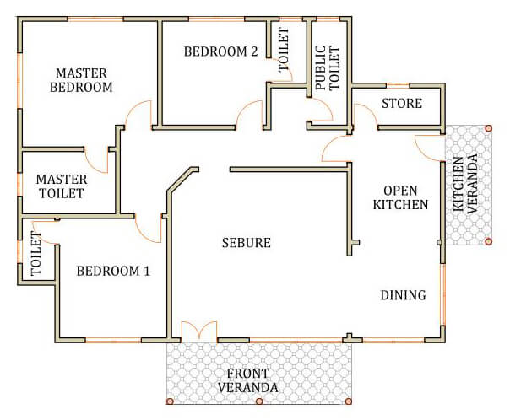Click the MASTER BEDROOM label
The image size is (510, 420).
81,80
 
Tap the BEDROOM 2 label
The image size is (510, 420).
221,51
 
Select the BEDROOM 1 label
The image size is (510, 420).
113,271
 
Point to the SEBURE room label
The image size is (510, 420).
247,243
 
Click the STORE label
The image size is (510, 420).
402,103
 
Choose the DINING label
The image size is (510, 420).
404,295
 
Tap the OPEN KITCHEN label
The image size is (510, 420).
400,197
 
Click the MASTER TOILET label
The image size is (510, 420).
62,186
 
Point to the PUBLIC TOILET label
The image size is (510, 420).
328,67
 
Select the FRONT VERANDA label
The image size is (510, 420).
248,380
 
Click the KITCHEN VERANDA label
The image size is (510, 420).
465,184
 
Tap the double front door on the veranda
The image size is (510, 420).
199,331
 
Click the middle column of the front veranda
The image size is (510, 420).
259,401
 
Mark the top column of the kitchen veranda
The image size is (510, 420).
488,128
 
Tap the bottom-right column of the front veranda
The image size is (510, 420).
349,401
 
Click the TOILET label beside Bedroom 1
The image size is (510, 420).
36,254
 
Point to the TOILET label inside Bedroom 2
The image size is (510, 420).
284,50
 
